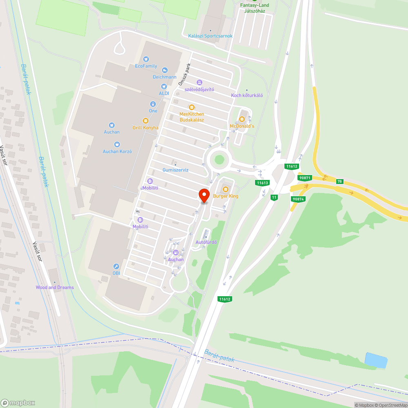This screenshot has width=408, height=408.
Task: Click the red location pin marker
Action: point(204,195)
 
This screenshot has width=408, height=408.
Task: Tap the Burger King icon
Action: point(225,189)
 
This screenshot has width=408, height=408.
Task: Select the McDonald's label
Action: point(242,126)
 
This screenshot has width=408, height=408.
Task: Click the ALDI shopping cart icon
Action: point(164,86)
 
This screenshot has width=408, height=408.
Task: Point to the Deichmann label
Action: point(164,77)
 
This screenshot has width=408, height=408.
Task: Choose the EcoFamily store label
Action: point(146,66)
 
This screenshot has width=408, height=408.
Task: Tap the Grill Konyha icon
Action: point(145,121)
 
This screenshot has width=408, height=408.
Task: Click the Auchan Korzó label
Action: point(117,151)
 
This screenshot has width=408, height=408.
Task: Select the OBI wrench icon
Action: point(116,266)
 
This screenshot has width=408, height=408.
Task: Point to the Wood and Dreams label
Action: point(55,287)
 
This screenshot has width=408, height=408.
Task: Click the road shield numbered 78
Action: point(339,181)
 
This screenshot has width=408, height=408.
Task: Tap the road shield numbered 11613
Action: point(262,183)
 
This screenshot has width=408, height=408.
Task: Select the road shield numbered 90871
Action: point(305,178)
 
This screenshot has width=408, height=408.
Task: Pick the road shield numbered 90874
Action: point(298,199)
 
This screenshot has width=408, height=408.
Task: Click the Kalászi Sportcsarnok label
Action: point(210,36)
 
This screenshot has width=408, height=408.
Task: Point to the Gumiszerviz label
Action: point(175,170)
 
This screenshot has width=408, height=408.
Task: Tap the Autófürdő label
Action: point(206,242)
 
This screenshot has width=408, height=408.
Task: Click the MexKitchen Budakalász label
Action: point(192,117)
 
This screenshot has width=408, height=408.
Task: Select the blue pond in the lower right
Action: point(375,360)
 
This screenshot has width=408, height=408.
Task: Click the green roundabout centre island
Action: point(220,159)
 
